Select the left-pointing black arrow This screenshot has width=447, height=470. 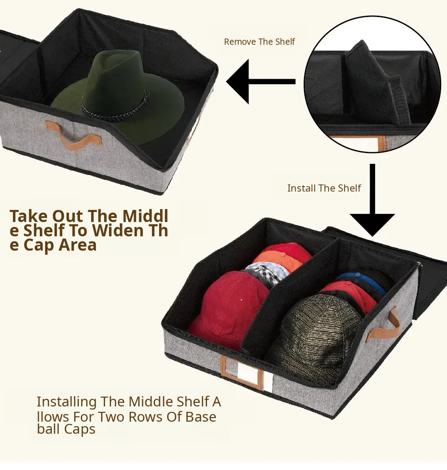click(x=261, y=81)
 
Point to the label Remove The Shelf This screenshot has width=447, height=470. click(x=259, y=42)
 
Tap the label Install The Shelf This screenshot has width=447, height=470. click(x=324, y=188)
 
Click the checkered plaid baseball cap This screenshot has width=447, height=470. click(x=266, y=272)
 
